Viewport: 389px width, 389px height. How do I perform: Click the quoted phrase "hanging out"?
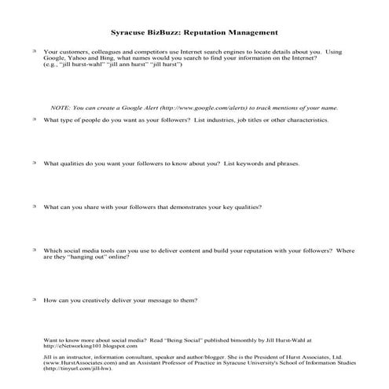(98, 256)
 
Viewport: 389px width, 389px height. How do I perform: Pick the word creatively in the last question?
(98, 299)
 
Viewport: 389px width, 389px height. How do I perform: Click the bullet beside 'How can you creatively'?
(34, 299)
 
